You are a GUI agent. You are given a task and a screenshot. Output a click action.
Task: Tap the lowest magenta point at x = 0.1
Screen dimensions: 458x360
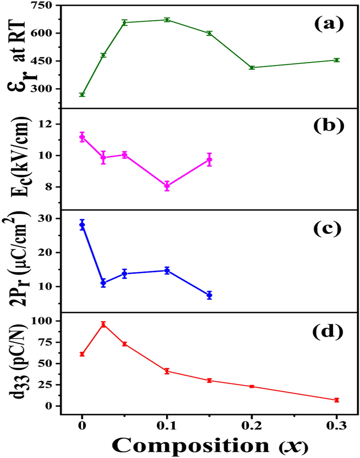coord(167,186)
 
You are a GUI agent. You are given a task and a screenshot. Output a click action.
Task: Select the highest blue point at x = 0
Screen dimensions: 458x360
coord(82,225)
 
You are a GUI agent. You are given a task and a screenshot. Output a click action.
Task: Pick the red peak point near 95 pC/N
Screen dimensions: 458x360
coord(103,325)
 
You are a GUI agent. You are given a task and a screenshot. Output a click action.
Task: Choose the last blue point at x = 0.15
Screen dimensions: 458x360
coord(209,295)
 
